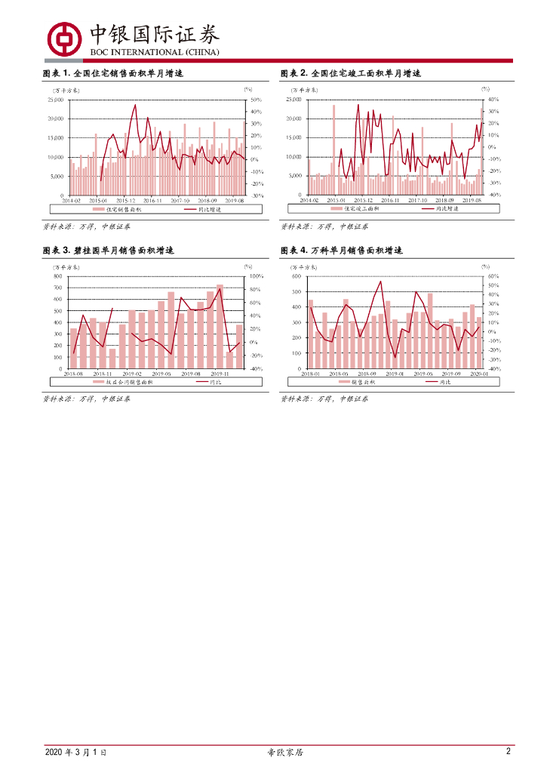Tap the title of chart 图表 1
click(x=113, y=73)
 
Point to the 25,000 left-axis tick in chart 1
click(x=57, y=100)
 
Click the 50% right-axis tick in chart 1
click(x=255, y=100)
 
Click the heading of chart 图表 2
click(x=350, y=73)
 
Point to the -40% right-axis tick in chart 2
click(x=493, y=195)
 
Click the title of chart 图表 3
click(x=113, y=250)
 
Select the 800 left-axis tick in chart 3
click(x=58, y=276)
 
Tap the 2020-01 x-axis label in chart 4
click(x=479, y=374)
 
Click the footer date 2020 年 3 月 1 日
click(x=75, y=753)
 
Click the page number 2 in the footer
click(x=509, y=752)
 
